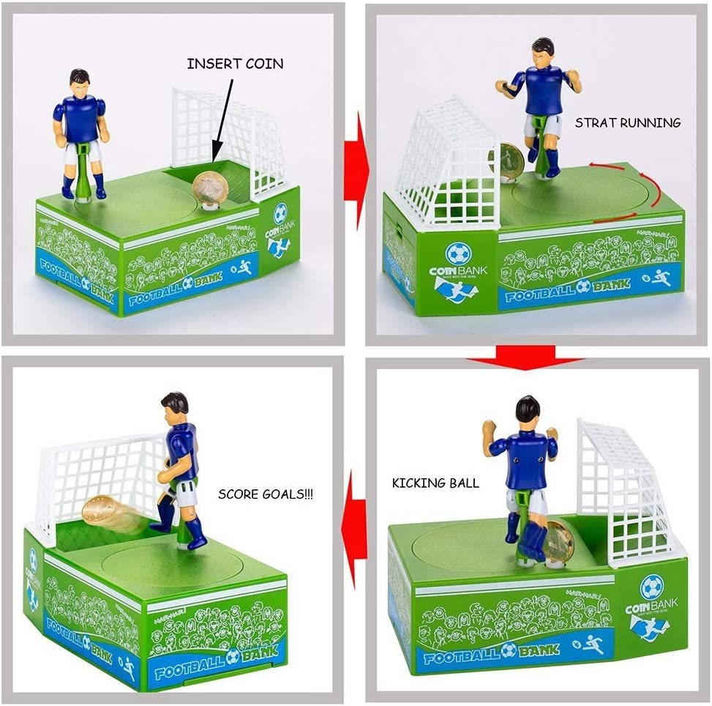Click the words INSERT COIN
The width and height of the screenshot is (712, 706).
(x=235, y=64)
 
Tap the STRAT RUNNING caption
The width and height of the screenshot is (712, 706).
(x=628, y=123)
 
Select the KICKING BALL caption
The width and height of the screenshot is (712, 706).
(x=435, y=483)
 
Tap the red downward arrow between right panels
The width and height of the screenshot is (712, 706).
(x=525, y=359)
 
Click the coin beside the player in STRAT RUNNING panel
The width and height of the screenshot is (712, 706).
(x=510, y=161)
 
